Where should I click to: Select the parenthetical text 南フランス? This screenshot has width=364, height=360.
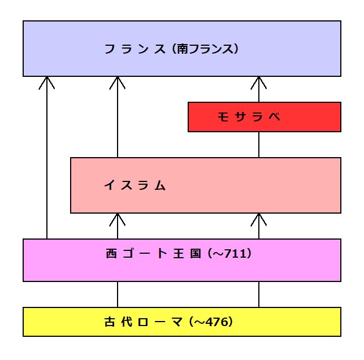click(x=206, y=49)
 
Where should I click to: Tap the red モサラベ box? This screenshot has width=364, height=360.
click(x=264, y=117)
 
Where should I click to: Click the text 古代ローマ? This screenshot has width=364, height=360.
click(x=144, y=323)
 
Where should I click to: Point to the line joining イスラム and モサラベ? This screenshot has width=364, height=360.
click(x=259, y=145)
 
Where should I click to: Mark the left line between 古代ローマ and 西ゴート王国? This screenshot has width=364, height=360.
click(x=118, y=294)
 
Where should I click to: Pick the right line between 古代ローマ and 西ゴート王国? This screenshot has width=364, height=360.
click(x=259, y=294)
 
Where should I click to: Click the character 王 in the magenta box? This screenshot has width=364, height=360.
click(x=177, y=254)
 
